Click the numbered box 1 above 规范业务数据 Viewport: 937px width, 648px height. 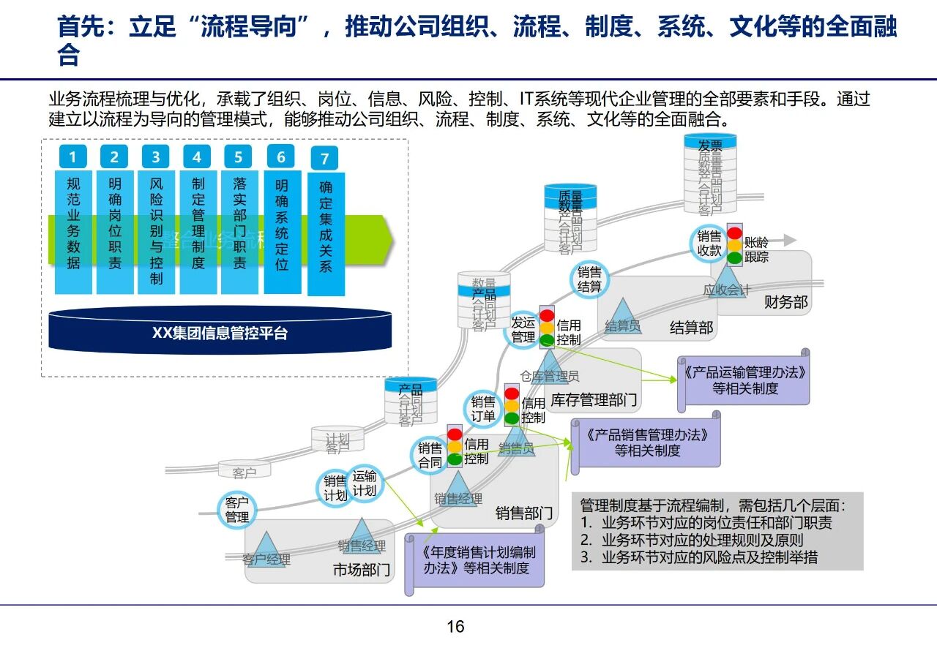(x=72, y=157)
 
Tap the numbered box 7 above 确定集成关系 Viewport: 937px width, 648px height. (x=324, y=159)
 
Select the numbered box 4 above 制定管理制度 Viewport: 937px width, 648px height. (x=197, y=157)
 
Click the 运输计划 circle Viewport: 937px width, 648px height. (x=364, y=483)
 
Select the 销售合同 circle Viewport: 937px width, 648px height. (x=430, y=455)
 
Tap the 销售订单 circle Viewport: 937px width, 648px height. (x=483, y=409)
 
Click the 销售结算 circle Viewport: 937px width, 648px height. (x=589, y=279)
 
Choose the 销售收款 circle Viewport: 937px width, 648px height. (x=709, y=243)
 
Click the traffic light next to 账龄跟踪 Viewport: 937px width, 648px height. (x=734, y=244)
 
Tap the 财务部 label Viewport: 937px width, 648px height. (x=786, y=301)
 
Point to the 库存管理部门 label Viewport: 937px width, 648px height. (x=594, y=400)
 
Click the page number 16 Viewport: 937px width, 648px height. (x=455, y=627)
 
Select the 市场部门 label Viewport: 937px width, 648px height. (x=362, y=570)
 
